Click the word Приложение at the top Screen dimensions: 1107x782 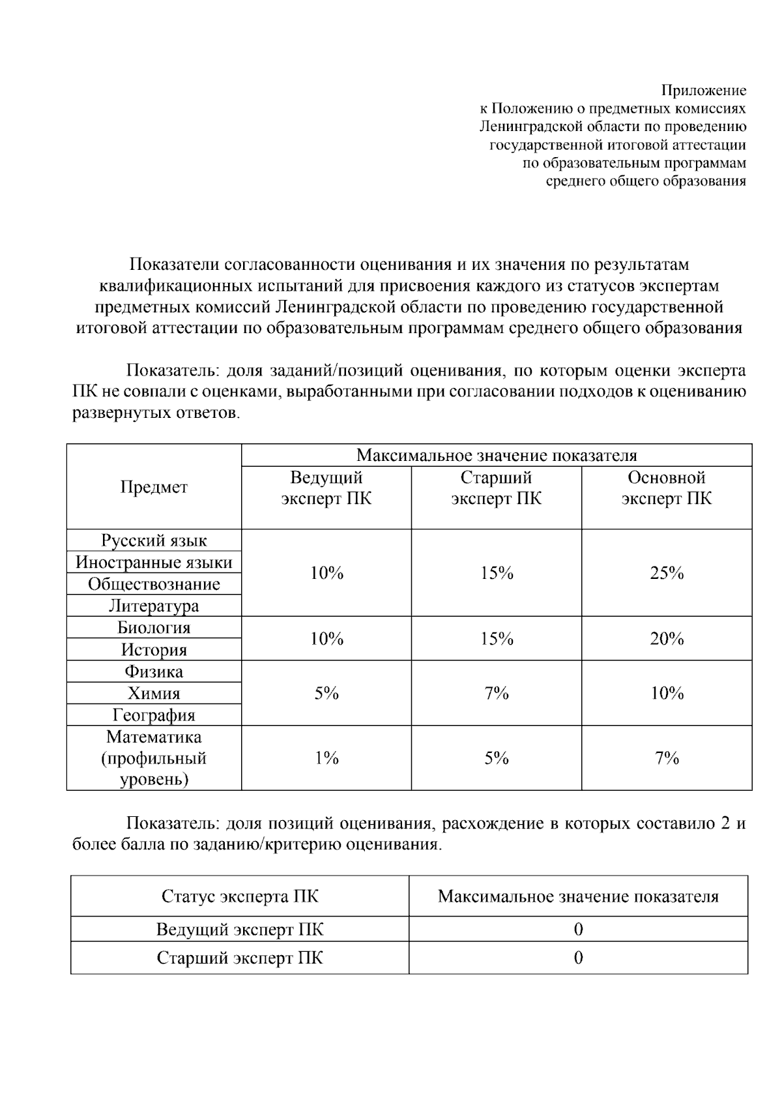pos(704,91)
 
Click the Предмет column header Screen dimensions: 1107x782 pos(154,487)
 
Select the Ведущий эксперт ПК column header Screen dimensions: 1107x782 pos(326,488)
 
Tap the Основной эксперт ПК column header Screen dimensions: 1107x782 pos(666,488)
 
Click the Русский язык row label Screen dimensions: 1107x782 pos(154,540)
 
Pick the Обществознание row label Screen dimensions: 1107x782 pos(154,584)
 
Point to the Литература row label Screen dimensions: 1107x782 pos(154,606)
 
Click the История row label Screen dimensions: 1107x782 pos(154,650)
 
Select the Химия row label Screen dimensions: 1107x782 pos(154,694)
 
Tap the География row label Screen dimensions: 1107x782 pos(154,715)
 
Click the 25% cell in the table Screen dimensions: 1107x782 pos(666,573)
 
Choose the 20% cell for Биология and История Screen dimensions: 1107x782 pos(666,639)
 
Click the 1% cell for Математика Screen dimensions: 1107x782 pos(326,758)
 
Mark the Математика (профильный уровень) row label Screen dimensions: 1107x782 pos(154,758)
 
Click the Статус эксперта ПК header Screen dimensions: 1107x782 pos(240,896)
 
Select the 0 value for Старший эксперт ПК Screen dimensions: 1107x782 pos(578,958)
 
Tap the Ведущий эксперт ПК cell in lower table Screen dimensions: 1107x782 pos(240,929)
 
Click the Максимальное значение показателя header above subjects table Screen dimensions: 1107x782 pos(497,455)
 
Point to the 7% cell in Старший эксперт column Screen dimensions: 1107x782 pos(497,693)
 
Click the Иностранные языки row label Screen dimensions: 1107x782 pos(154,563)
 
